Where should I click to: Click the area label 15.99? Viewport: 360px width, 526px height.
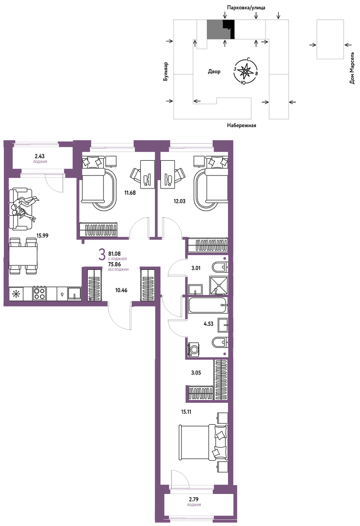point(42,236)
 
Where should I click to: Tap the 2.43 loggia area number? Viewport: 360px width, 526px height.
point(39,156)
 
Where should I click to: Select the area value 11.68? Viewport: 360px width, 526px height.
point(130,192)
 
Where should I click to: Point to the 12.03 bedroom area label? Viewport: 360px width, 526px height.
point(179,201)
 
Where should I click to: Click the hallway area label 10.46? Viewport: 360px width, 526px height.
point(121,290)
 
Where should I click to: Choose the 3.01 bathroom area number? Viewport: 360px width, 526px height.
point(196,268)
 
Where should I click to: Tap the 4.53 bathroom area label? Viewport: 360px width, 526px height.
point(208,324)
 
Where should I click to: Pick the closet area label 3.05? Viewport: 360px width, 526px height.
point(196,373)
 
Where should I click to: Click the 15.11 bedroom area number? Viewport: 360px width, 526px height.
point(186,412)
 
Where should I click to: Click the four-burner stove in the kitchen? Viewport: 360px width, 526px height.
point(39,293)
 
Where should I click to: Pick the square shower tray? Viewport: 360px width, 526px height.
point(219,285)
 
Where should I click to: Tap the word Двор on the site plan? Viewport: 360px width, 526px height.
point(214,72)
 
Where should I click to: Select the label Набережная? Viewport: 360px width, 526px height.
point(241,126)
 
